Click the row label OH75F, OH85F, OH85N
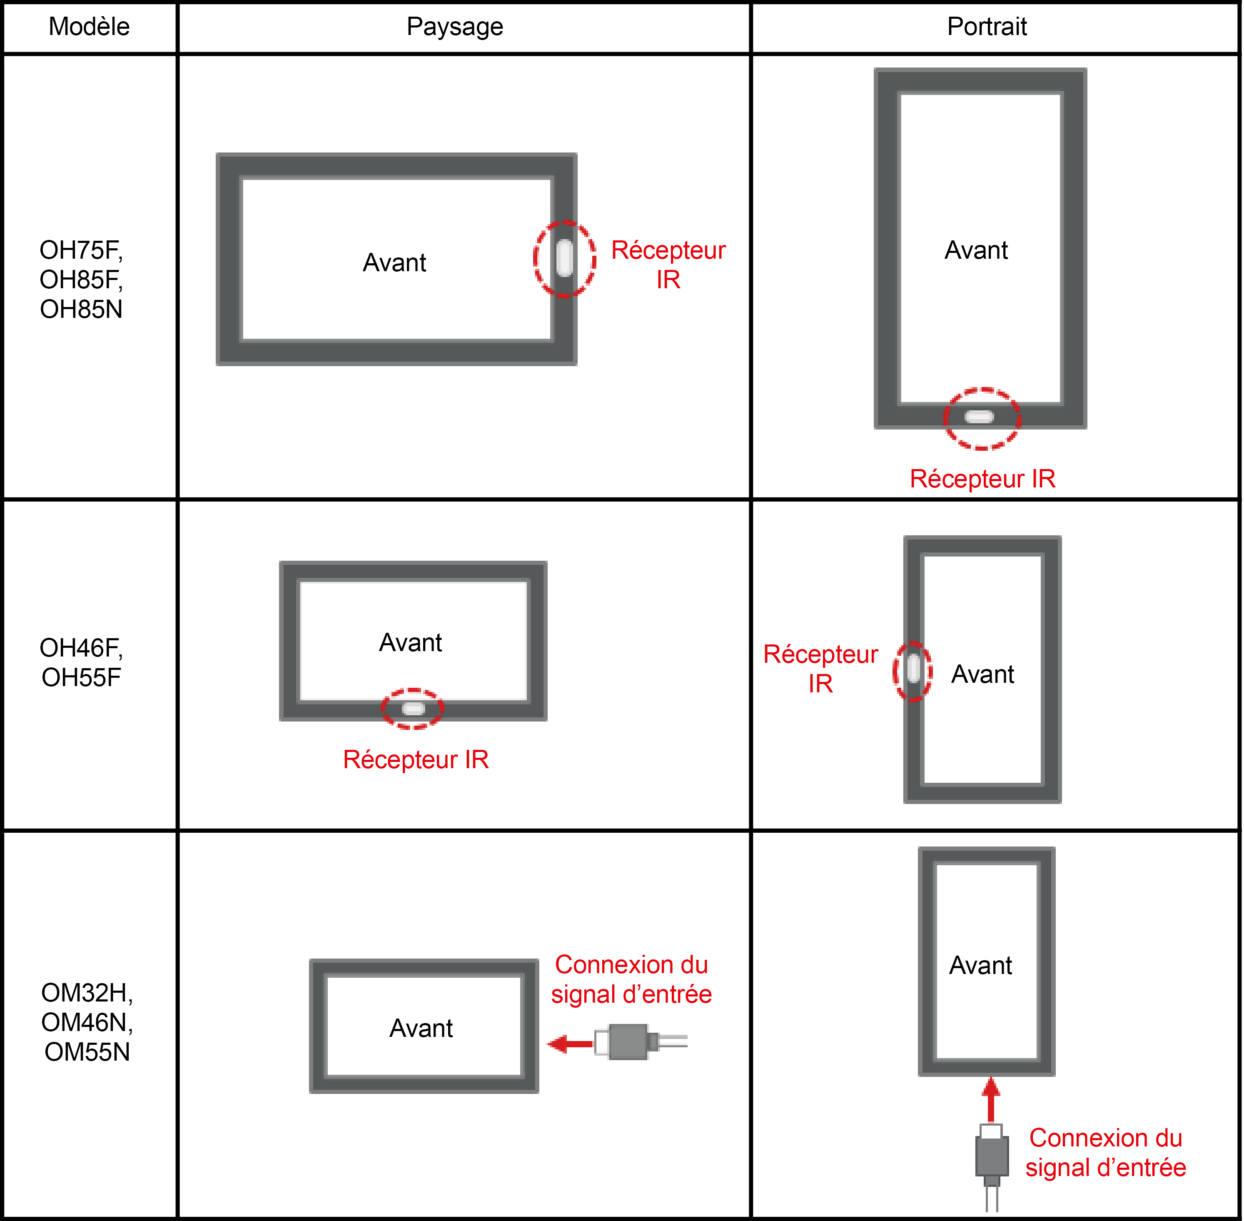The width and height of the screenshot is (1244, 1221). (x=82, y=280)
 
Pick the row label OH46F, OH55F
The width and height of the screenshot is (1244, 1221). (x=82, y=662)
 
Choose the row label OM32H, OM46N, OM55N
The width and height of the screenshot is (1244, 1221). (x=87, y=1022)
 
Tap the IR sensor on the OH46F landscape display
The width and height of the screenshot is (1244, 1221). (x=413, y=708)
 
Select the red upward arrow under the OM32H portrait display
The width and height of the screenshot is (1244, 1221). (x=991, y=1099)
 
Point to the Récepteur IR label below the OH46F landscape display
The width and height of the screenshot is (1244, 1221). (x=416, y=760)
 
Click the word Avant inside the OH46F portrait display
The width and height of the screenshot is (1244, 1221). (x=982, y=674)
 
